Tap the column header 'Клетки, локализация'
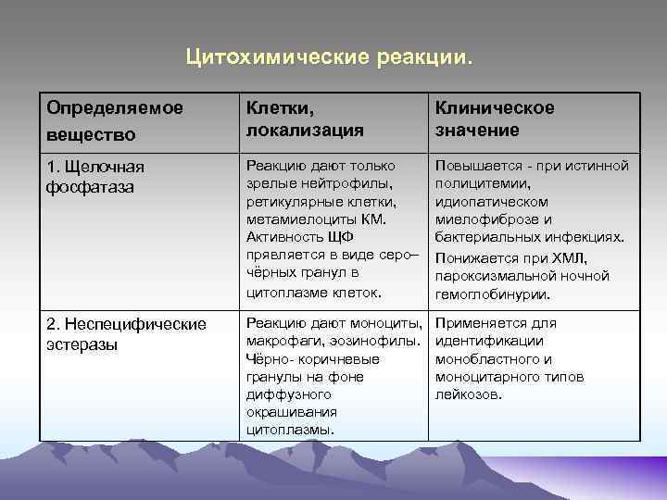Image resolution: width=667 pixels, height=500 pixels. click(x=304, y=119)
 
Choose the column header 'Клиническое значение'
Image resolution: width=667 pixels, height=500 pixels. click(x=495, y=119)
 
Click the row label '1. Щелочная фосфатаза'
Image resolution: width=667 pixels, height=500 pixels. click(x=95, y=177)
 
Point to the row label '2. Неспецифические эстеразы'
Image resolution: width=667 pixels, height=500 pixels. click(x=127, y=334)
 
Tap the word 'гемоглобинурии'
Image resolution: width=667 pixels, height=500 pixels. click(x=492, y=294)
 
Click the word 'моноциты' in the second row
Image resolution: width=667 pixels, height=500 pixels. click(x=391, y=323)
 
